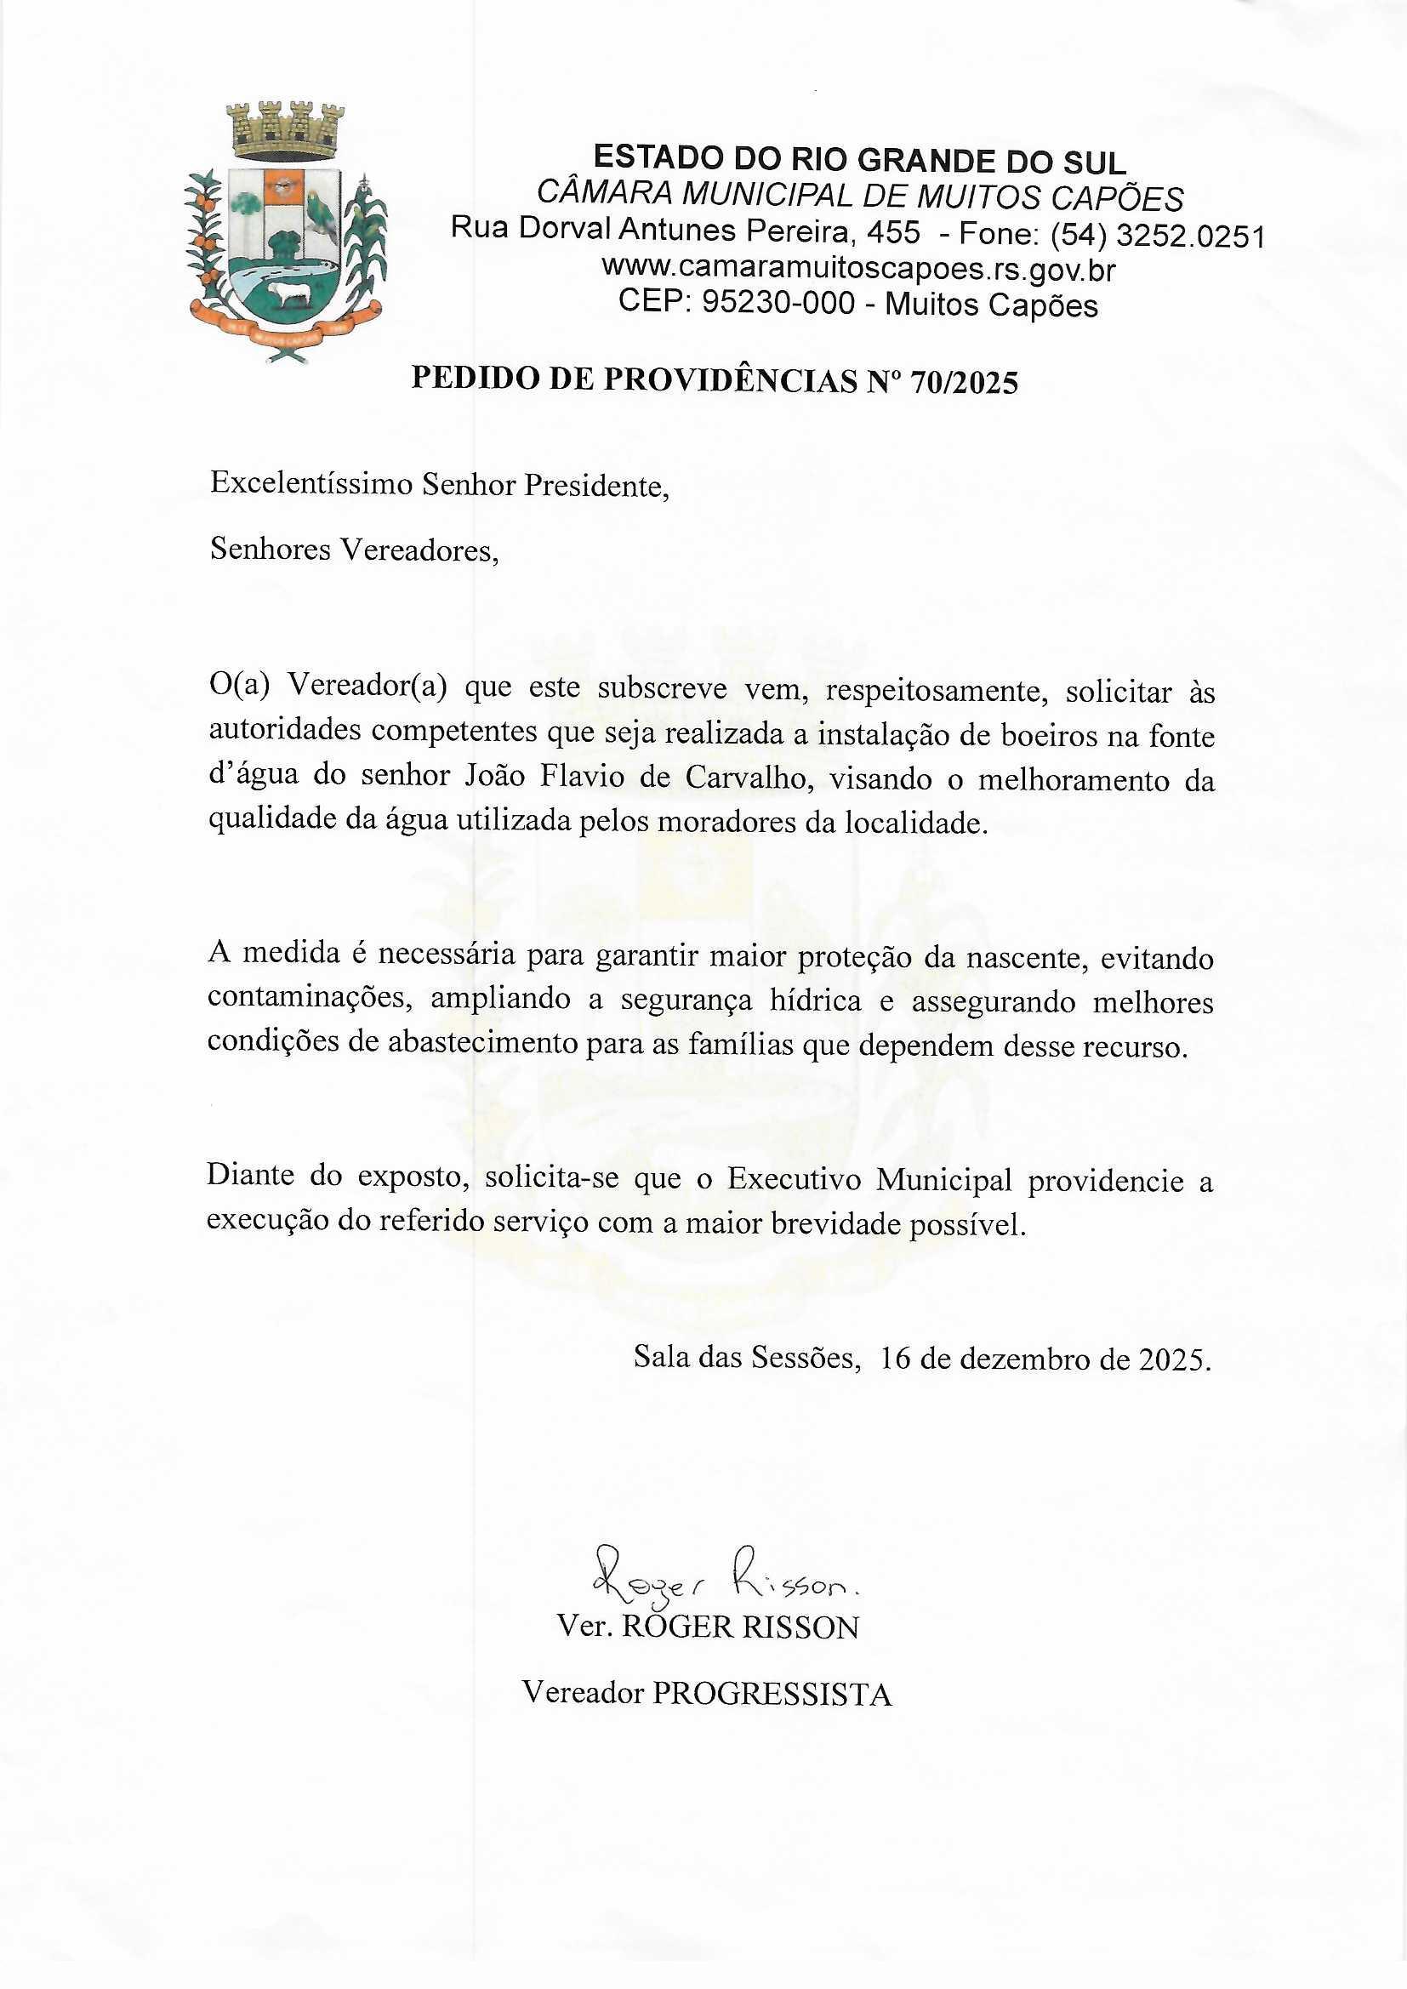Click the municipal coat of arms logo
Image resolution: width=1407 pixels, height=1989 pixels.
(286, 232)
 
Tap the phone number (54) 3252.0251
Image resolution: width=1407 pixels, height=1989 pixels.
(1157, 235)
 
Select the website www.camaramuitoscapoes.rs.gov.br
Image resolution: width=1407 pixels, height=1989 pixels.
(857, 270)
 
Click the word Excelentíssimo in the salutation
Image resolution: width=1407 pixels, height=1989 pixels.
(311, 483)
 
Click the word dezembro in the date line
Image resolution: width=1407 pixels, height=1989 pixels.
(1034, 1359)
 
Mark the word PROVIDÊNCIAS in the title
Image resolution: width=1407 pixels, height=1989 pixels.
(728, 381)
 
